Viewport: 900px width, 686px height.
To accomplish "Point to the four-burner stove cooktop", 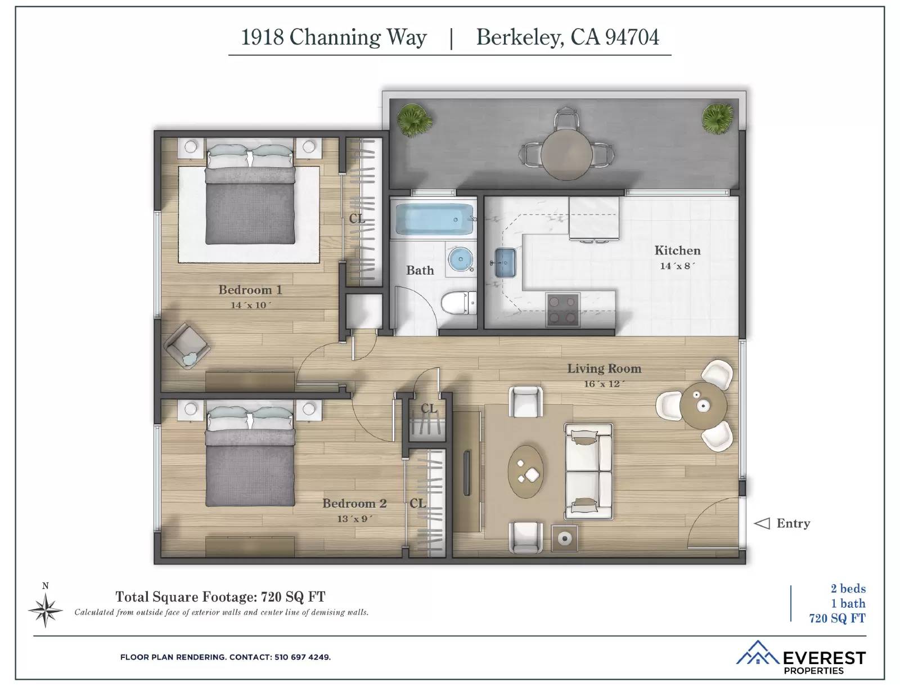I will [563, 310].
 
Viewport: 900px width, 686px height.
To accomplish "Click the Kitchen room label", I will [677, 250].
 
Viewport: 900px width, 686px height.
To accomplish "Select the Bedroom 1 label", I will [250, 290].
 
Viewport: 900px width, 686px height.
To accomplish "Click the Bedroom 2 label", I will [354, 503].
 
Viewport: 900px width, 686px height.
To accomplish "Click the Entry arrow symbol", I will [762, 523].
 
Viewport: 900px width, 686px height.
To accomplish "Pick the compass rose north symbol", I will [46, 609].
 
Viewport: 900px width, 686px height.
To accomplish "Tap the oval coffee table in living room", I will [526, 472].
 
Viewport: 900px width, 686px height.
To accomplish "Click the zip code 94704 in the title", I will [632, 37].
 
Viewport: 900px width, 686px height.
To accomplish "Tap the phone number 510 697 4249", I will [303, 657].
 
